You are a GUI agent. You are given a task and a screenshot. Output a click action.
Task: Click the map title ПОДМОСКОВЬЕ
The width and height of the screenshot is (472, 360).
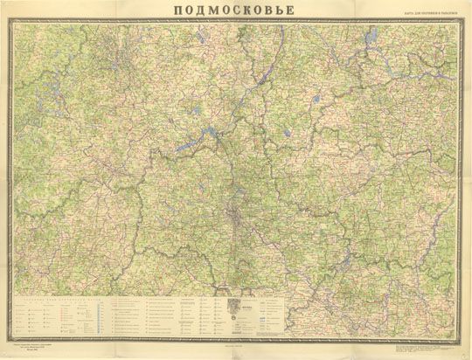point(236,10)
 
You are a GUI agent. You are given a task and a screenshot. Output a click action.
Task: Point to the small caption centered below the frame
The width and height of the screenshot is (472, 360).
point(236,343)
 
